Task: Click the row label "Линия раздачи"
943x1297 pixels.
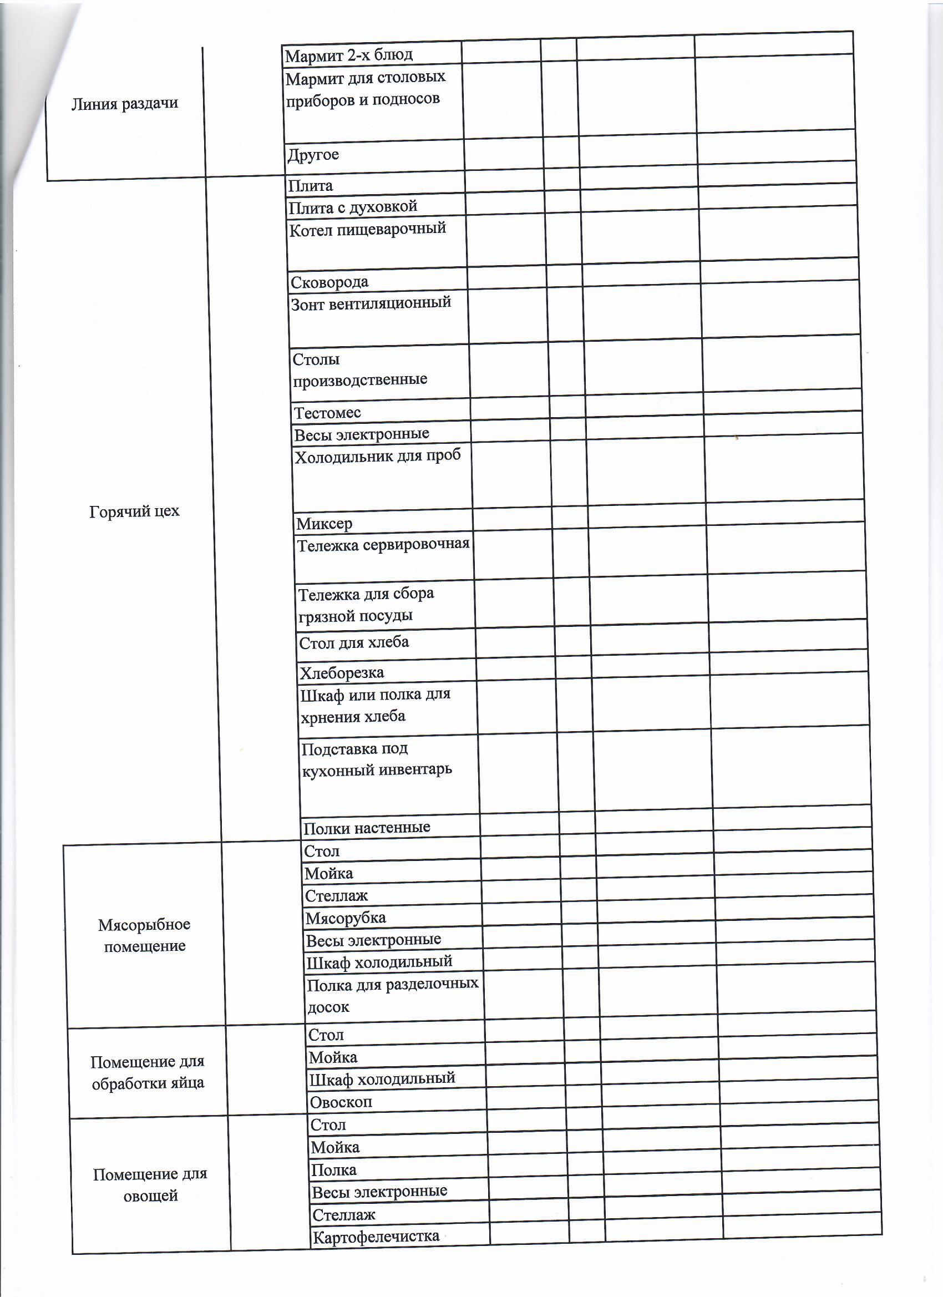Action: click(125, 104)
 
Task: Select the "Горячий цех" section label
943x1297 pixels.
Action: click(134, 511)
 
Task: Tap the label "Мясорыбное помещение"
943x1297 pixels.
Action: click(144, 935)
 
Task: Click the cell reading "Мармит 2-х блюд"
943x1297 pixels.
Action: click(349, 55)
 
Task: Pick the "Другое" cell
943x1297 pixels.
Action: click(313, 155)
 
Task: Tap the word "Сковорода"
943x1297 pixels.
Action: click(329, 282)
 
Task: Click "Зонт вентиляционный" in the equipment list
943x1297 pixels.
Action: click(371, 303)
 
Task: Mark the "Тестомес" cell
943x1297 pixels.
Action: click(327, 412)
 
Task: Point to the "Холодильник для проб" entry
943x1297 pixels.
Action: click(377, 457)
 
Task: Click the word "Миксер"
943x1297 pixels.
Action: click(325, 523)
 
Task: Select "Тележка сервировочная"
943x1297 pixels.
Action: click(383, 544)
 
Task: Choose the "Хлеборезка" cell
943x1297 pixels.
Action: click(342, 673)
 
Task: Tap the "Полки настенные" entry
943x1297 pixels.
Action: click(367, 828)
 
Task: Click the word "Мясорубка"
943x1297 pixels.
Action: click(346, 918)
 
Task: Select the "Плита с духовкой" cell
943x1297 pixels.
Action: click(353, 207)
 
